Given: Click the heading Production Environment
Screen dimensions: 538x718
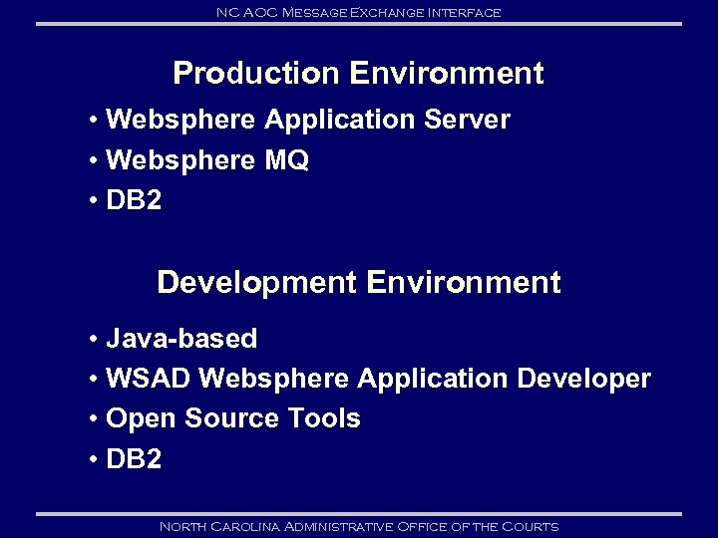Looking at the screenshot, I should pos(358,74).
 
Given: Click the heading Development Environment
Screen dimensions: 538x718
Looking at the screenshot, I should pos(358,283).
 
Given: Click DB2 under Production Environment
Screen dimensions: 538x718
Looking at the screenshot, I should pos(133,200).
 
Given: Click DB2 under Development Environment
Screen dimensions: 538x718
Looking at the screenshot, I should pos(133,458).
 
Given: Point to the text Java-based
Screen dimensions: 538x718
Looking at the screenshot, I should pos(180,339).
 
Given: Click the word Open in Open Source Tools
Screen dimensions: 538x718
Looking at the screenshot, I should pos(134,418).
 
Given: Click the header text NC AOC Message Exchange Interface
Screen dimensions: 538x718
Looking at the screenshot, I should pos(358,12).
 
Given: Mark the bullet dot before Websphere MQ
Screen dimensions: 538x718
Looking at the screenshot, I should pos(92,161).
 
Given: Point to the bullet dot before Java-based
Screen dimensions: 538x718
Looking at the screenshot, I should pos(92,340).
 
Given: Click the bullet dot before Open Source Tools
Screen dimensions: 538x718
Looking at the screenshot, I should pos(92,419).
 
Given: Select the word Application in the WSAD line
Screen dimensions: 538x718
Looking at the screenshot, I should pos(433,379).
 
